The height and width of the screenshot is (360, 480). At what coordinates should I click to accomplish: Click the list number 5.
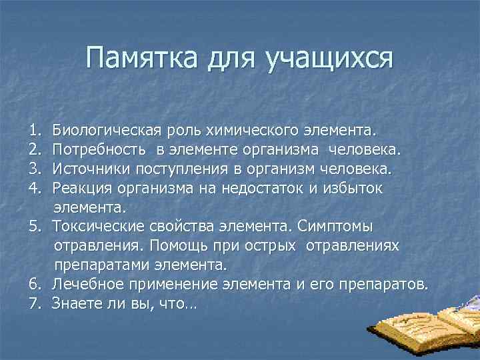(34, 226)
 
